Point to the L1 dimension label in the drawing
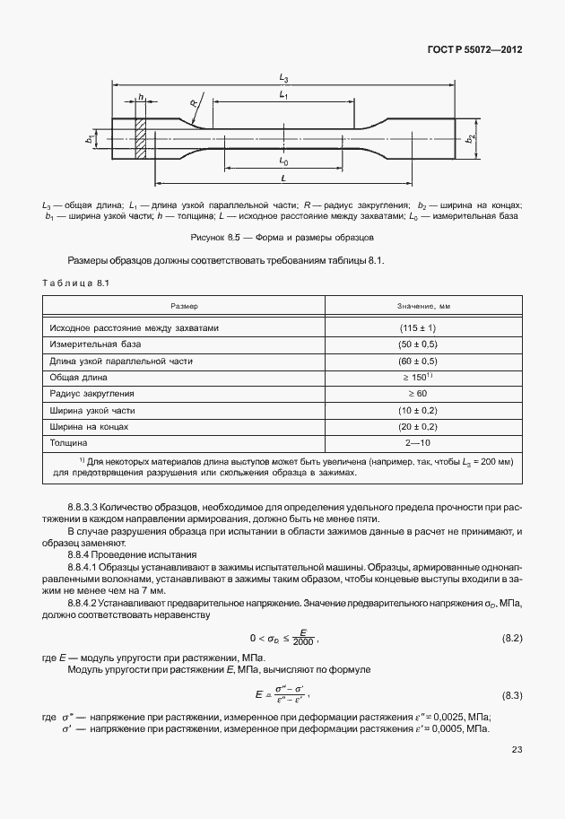coord(283,94)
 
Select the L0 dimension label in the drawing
coord(283,162)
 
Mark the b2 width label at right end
coord(470,139)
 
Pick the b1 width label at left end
coord(90,139)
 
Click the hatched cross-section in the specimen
coord(140,140)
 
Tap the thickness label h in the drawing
coord(140,98)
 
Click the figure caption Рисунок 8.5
coord(282,238)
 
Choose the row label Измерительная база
coord(97,344)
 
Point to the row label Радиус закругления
coord(94,393)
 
